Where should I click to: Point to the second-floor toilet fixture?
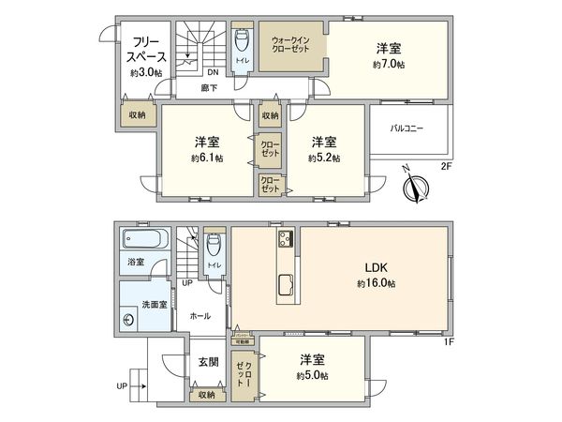click(x=242, y=41)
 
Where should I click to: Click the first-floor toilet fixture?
click(x=214, y=246)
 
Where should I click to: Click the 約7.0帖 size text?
click(x=389, y=65)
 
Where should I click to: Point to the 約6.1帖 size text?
click(x=207, y=158)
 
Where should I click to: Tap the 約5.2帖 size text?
click(x=323, y=158)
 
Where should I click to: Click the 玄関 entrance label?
click(x=208, y=360)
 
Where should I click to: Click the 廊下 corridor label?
click(x=210, y=88)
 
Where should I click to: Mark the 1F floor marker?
click(x=449, y=341)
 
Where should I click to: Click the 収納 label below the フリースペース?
click(x=137, y=115)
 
